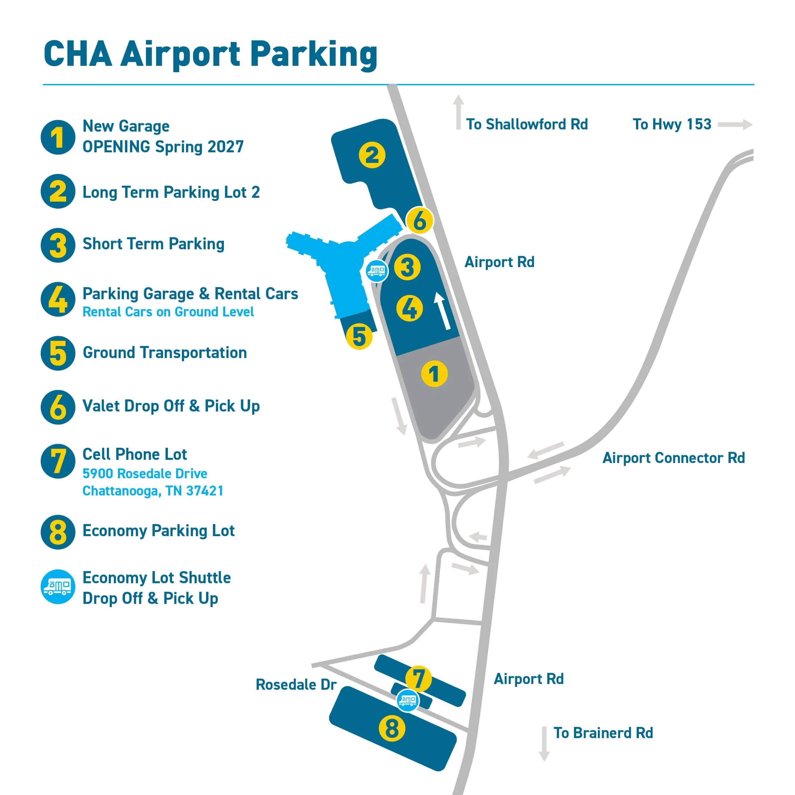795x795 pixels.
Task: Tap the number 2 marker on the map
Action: pos(372,155)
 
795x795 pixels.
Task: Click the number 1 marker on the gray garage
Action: pos(434,374)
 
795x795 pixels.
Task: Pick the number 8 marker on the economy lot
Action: pos(392,728)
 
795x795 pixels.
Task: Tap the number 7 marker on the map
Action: pos(418,679)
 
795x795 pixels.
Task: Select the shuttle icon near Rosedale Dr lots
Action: pos(408,700)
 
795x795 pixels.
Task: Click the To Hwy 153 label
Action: pos(672,124)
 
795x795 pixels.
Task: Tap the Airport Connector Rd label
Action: pos(674,458)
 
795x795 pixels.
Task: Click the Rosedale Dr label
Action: pos(296,685)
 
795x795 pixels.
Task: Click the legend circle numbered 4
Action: pos(58,299)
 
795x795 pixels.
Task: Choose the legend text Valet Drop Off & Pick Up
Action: pos(171,406)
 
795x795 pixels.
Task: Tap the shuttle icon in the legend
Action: pos(58,587)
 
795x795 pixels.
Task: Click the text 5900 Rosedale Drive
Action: pos(145,474)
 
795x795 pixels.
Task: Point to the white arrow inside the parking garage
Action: pos(442,311)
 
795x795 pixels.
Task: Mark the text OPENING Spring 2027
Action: pos(163,147)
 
